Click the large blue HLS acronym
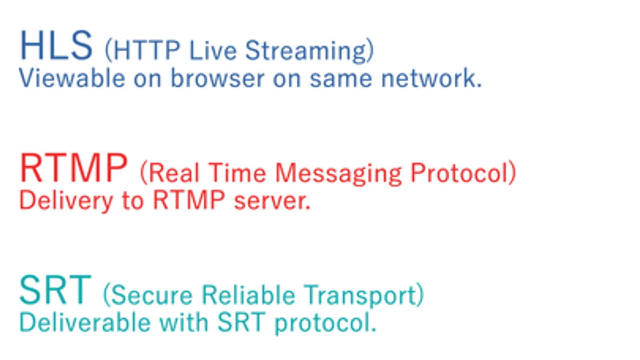tap(56, 45)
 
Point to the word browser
tap(218, 78)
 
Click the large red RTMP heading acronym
tap(73, 168)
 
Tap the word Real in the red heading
tap(174, 173)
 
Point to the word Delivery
tap(66, 201)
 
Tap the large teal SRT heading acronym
tap(55, 290)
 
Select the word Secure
tap(152, 295)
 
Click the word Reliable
tap(248, 295)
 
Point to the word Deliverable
tap(85, 322)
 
